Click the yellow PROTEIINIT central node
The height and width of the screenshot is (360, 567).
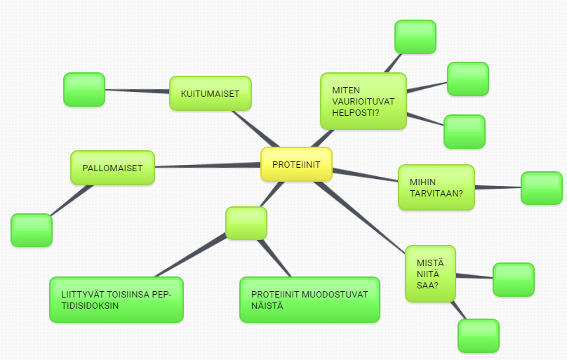[296, 164]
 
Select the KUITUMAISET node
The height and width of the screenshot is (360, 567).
[210, 93]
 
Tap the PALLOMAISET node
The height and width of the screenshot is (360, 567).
[112, 168]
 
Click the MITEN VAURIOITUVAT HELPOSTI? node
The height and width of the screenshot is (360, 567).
[363, 102]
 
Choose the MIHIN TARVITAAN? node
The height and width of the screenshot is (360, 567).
[436, 187]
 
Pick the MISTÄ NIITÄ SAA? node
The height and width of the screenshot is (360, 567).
[431, 274]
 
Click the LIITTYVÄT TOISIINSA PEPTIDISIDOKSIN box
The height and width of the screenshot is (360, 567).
[116, 300]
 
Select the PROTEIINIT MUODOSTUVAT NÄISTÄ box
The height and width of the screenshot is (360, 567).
[309, 300]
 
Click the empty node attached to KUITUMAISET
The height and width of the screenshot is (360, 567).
[84, 90]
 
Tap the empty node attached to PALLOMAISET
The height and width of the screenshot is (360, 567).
[32, 230]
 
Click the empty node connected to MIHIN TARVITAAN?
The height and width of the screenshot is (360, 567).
[541, 188]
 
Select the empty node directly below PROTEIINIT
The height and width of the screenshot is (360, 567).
[246, 223]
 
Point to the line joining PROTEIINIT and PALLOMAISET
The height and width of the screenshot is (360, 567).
[207, 166]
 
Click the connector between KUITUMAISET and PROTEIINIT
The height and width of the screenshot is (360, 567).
[255, 129]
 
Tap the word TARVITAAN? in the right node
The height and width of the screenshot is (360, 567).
[436, 194]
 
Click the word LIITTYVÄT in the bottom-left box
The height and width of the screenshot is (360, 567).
[82, 293]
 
